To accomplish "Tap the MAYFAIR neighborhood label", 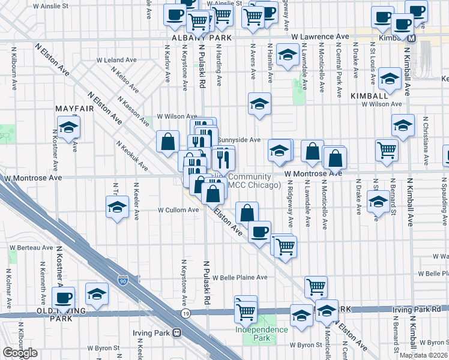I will click(76, 109).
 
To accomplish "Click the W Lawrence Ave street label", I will click(320, 37).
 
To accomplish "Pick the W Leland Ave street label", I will click(117, 60).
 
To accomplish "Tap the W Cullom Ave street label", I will click(178, 210).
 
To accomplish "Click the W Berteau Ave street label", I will click(31, 247).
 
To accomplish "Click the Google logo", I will click(20, 353).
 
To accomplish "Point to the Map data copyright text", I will click(424, 355).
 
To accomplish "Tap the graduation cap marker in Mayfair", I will click(68, 127).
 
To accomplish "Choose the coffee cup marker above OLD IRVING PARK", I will click(63, 297).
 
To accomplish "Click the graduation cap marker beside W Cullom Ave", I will click(116, 208).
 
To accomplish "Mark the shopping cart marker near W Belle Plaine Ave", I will click(316, 286).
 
